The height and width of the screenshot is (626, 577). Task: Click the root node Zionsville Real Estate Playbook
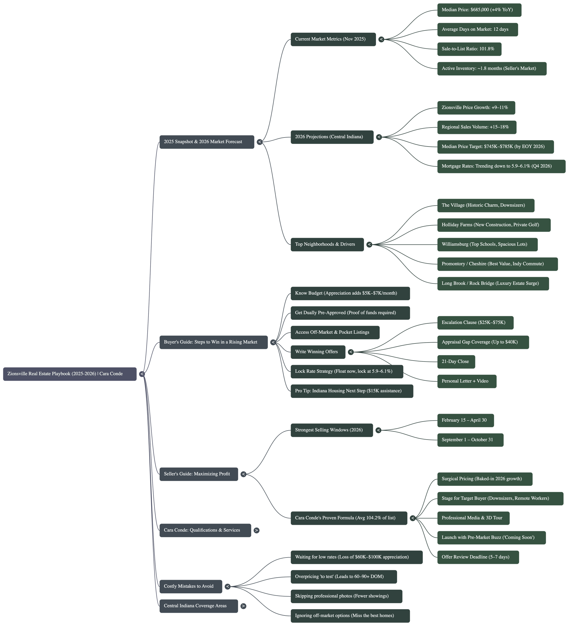click(x=70, y=374)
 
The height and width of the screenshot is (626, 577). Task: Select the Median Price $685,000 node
click(x=479, y=10)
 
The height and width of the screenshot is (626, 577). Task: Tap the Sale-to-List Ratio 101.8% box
click(x=469, y=49)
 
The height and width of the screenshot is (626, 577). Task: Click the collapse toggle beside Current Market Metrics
click(x=381, y=39)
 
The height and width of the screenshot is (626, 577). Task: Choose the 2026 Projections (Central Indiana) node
click(x=331, y=137)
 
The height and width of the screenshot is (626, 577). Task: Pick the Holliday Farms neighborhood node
click(x=493, y=225)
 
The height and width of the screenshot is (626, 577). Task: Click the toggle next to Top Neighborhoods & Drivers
click(x=369, y=244)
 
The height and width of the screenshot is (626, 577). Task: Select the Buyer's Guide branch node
click(x=213, y=342)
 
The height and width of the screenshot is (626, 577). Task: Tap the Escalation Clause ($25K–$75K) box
click(x=475, y=322)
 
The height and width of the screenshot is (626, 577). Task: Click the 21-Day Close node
click(x=456, y=361)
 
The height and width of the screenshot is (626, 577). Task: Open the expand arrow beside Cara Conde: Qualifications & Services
click(x=256, y=530)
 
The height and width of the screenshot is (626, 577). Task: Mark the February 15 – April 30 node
click(x=465, y=420)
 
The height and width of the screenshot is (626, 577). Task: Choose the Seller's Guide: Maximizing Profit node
click(x=199, y=474)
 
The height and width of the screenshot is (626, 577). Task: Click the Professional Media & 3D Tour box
click(x=473, y=518)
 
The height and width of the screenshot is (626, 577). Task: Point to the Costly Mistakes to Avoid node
click(x=191, y=586)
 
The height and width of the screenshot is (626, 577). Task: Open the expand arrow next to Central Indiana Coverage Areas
click(x=243, y=606)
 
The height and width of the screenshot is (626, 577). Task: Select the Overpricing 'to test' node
click(x=343, y=577)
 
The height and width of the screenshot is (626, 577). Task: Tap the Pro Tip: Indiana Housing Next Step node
click(x=352, y=391)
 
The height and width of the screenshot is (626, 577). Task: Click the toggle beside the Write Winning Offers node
click(x=351, y=352)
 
